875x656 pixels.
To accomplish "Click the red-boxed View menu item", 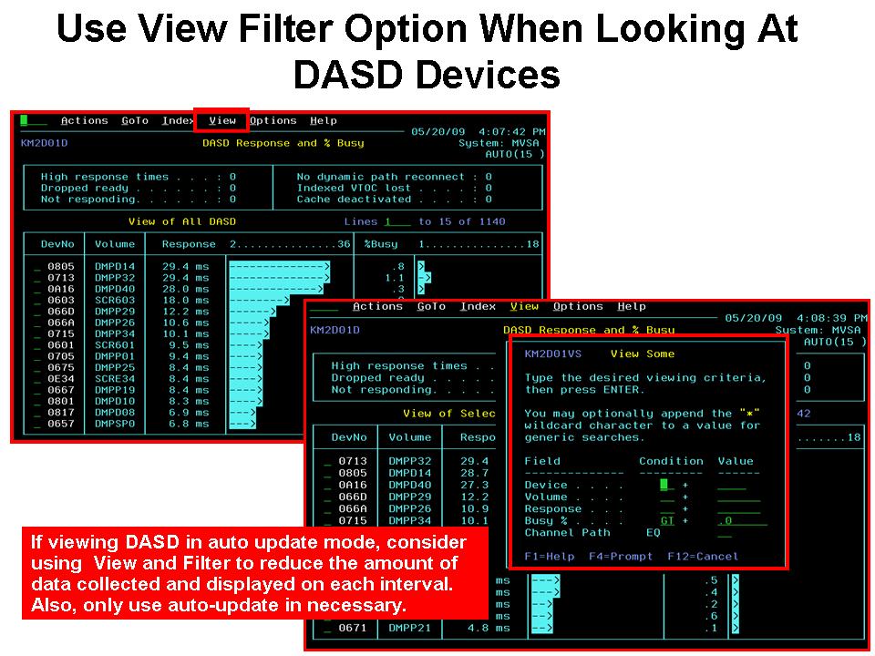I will tap(222, 120).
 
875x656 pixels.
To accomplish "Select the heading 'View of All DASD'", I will tap(182, 221).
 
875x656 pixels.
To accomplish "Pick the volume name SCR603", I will tap(114, 300).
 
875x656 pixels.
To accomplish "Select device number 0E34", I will tap(61, 379).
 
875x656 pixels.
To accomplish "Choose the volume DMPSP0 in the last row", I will tap(114, 424).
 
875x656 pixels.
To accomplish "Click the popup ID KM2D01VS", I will tap(553, 354).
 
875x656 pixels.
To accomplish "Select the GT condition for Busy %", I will tap(667, 520).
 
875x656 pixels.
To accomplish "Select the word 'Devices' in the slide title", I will tap(484, 75).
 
